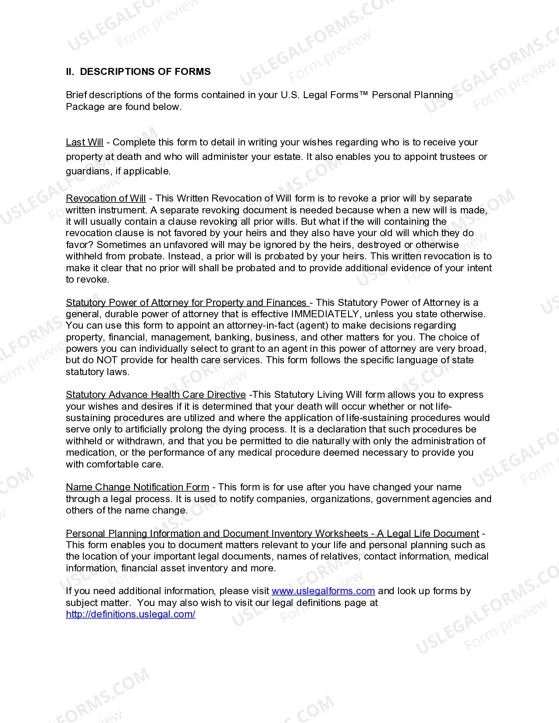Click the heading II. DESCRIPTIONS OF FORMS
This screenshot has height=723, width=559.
(138, 71)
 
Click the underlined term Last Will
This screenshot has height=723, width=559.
(85, 142)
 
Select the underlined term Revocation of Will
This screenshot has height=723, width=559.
(106, 198)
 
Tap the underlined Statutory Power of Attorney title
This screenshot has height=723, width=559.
(186, 303)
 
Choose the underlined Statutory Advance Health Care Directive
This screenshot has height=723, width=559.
(156, 395)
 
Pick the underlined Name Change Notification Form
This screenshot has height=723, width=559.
(137, 487)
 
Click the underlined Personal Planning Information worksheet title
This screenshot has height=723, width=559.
(272, 534)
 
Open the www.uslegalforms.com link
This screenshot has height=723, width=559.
(323, 591)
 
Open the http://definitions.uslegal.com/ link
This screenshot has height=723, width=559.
(130, 614)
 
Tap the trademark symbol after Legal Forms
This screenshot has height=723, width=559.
(363, 95)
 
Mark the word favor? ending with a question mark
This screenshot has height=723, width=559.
(80, 245)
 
